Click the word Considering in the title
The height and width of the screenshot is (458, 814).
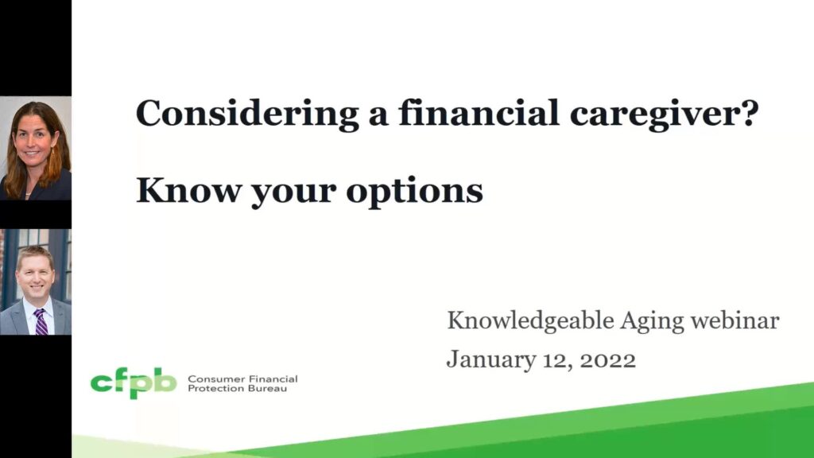click(x=247, y=114)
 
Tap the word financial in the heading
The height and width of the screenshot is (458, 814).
click(x=479, y=113)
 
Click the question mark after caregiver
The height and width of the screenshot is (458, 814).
click(x=749, y=113)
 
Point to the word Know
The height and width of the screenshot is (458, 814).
click(x=188, y=191)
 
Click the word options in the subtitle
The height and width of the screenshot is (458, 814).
click(x=414, y=192)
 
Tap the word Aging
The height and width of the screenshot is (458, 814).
click(x=652, y=323)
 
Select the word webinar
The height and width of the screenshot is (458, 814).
click(x=735, y=320)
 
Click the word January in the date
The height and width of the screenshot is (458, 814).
click(x=491, y=360)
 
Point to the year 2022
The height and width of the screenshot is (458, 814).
click(x=607, y=360)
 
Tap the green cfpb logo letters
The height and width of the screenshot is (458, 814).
click(x=134, y=382)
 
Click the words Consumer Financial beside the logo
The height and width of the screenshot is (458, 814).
click(x=242, y=379)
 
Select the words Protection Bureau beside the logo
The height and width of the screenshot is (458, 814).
click(x=237, y=388)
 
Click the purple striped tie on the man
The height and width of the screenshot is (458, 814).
click(x=41, y=321)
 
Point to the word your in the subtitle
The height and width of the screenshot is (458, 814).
click(x=293, y=194)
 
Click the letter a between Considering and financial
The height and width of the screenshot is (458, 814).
click(x=378, y=116)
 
